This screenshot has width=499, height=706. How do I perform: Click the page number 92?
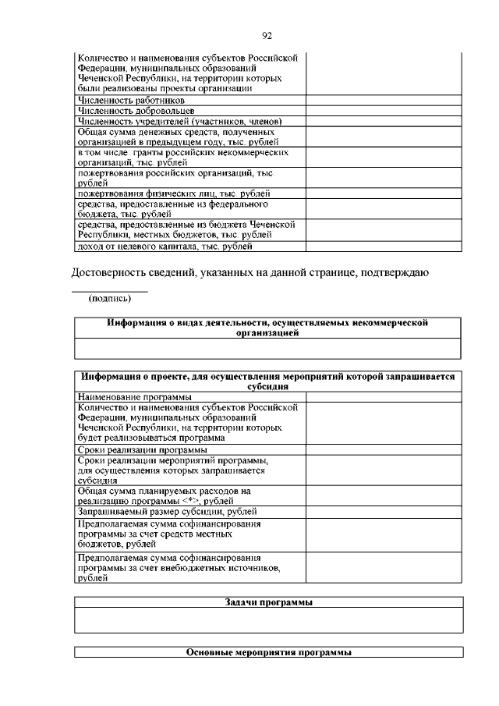tap(267, 35)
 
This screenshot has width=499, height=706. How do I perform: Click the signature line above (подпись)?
tap(109, 291)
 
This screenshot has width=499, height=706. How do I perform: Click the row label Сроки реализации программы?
tap(143, 450)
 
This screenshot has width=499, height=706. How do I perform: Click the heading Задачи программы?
tap(268, 603)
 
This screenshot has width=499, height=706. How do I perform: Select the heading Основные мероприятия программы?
tap(268, 652)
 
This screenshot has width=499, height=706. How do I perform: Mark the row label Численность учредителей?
tap(179, 122)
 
